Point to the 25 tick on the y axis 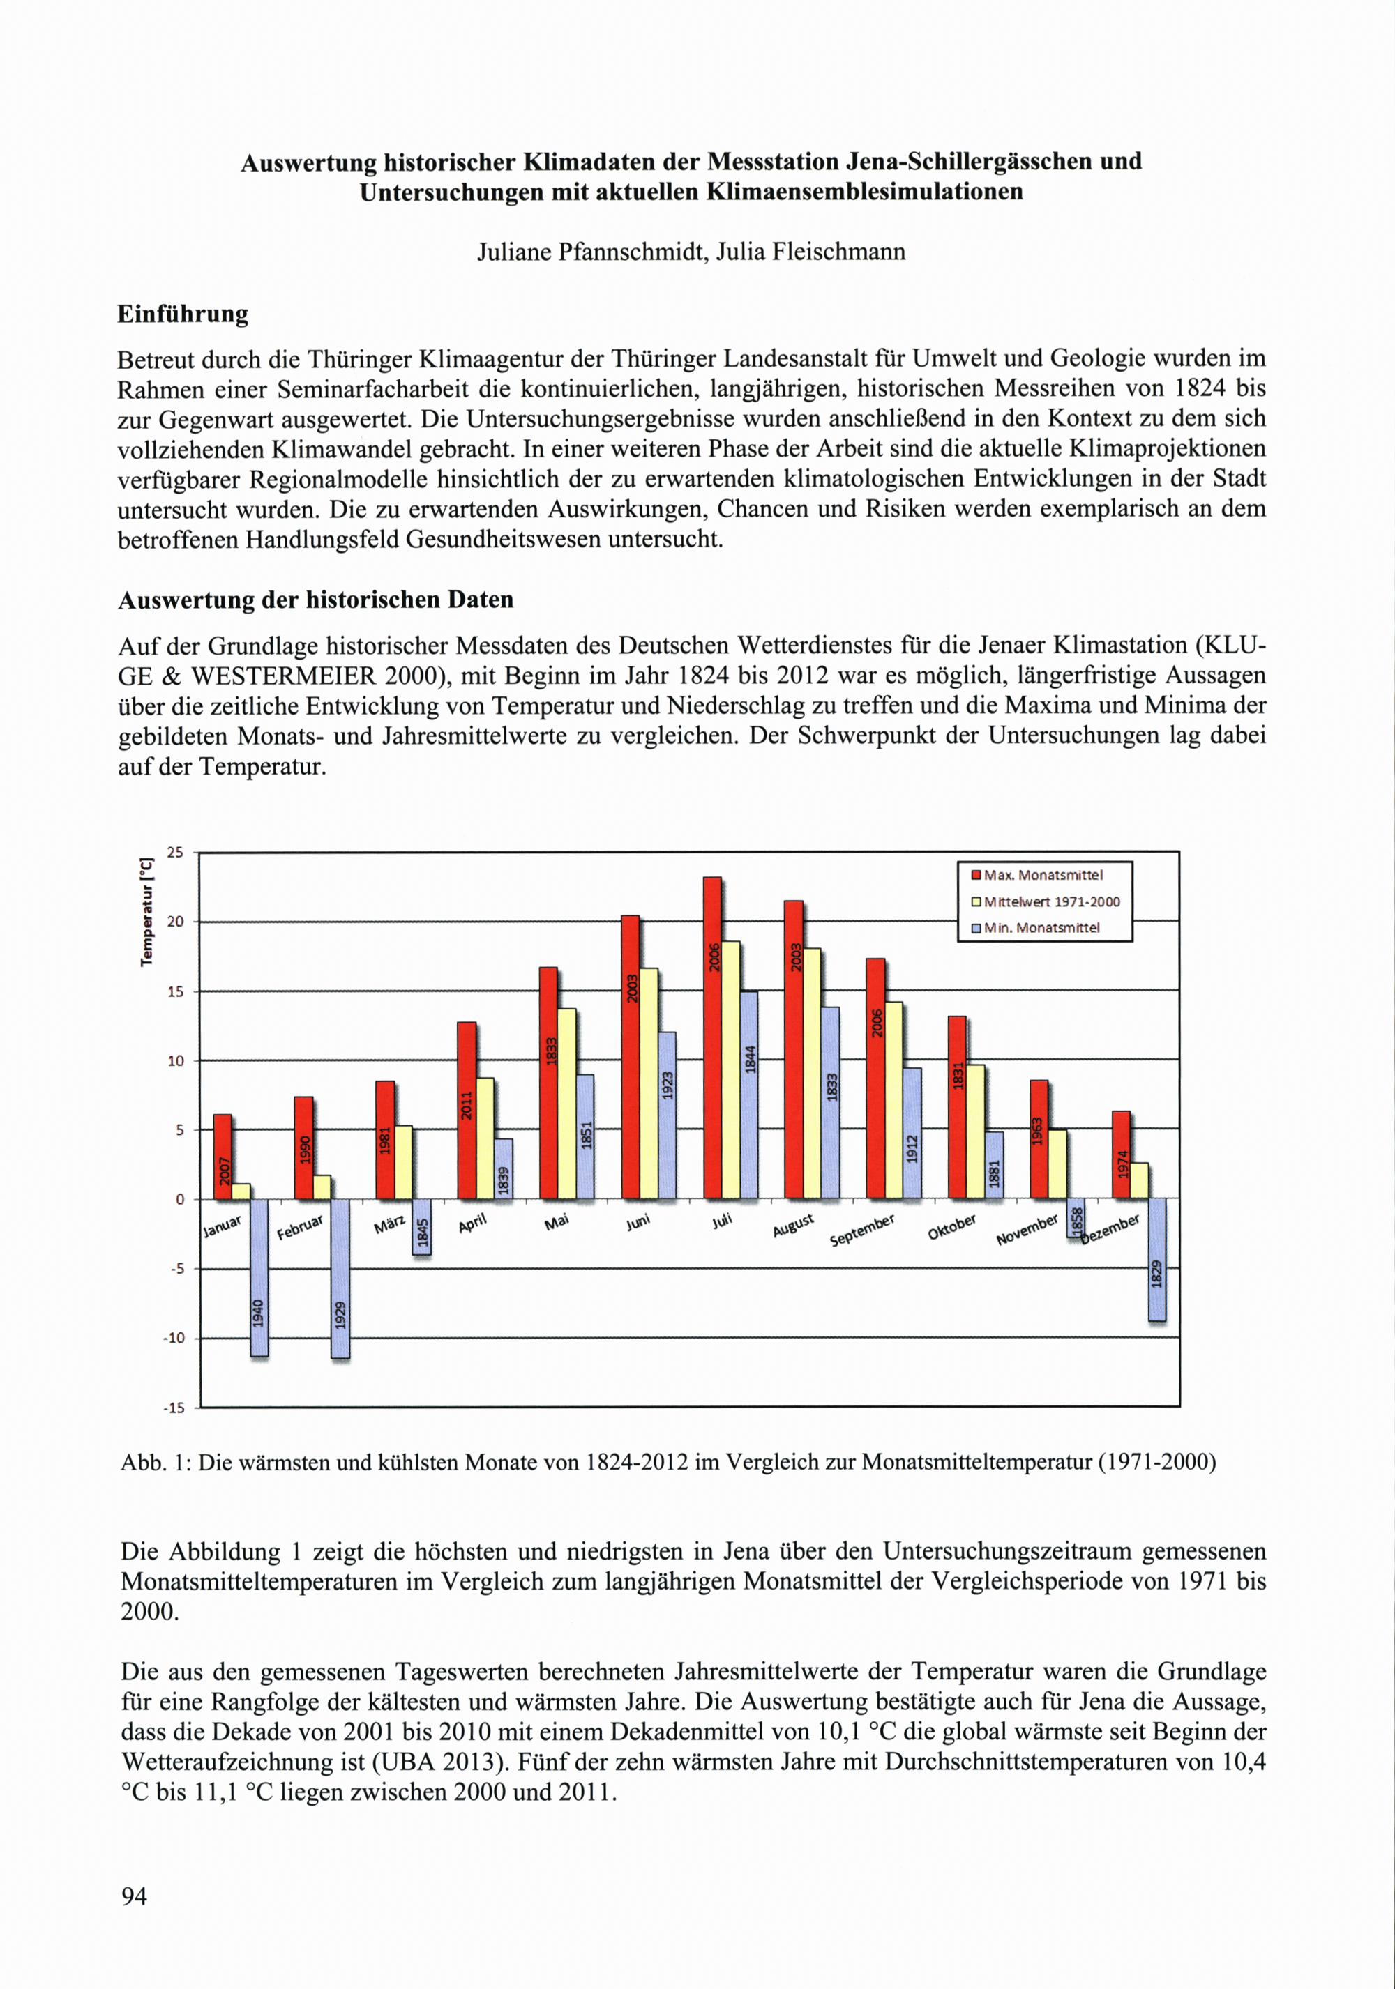(175, 853)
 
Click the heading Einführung (183, 314)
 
